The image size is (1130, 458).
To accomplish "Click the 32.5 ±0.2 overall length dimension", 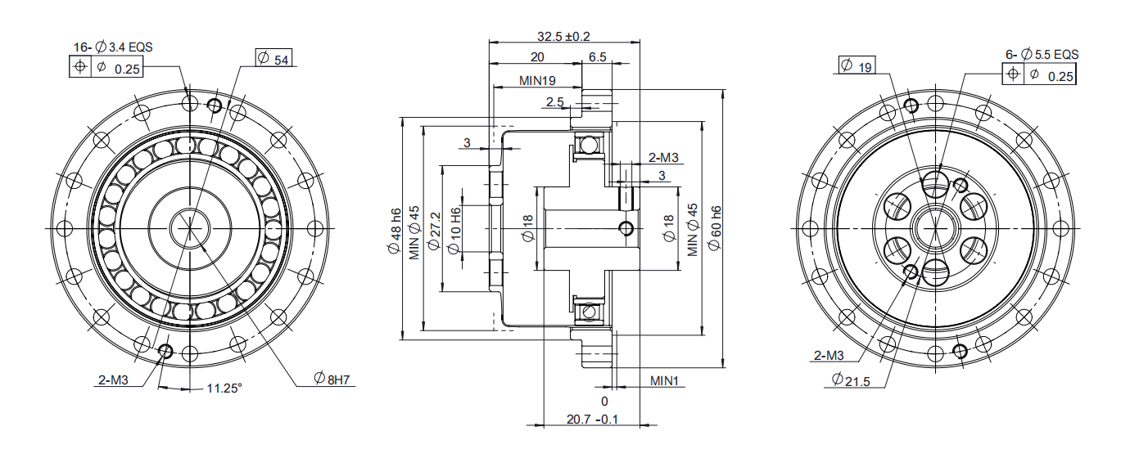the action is coord(563,36).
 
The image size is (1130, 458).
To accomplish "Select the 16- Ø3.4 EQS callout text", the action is coord(113,47).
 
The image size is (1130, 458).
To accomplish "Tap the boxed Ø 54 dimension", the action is coord(273,58).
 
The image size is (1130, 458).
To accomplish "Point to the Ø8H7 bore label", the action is coord(332,379).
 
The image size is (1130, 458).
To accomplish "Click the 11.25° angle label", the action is coord(224,388).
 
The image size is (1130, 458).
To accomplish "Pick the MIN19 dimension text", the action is coord(537,81).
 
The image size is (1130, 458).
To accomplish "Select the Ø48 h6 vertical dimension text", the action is coord(395,231).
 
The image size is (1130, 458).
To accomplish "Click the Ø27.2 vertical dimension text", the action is coord(434,231).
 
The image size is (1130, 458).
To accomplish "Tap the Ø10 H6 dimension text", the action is coord(454,231).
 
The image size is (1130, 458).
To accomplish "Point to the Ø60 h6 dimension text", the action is coord(715,227).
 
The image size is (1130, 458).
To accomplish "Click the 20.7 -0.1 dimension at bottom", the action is coord(592,420).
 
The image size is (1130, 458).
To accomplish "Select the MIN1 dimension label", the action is coord(664,381).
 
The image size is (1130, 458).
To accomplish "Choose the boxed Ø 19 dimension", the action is coord(857,65).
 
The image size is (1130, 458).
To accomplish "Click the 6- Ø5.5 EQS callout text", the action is coord(1042,55).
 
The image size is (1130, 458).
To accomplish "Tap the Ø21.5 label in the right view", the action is coord(851,380).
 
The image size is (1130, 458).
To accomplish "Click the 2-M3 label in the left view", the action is coord(113,380).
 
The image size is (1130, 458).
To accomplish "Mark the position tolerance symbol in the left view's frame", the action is coord(80,66).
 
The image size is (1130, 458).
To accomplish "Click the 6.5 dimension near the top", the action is coord(597,57).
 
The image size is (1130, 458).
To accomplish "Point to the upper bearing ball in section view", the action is coord(588,146).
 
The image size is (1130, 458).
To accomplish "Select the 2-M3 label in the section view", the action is coord(663,158).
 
